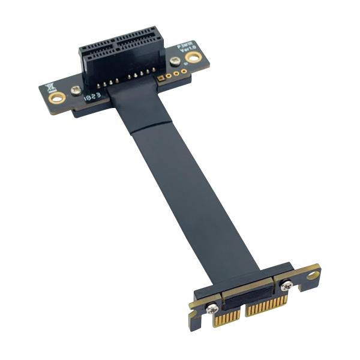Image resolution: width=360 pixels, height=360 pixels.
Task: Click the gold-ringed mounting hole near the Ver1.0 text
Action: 193,57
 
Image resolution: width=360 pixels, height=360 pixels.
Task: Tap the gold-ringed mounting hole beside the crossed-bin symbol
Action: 57,97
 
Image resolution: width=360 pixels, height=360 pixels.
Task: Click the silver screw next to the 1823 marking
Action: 76,90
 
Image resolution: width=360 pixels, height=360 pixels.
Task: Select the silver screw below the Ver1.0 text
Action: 175,61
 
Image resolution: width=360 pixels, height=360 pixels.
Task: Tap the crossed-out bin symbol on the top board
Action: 50,86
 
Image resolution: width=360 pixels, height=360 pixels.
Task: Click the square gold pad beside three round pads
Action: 160,77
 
